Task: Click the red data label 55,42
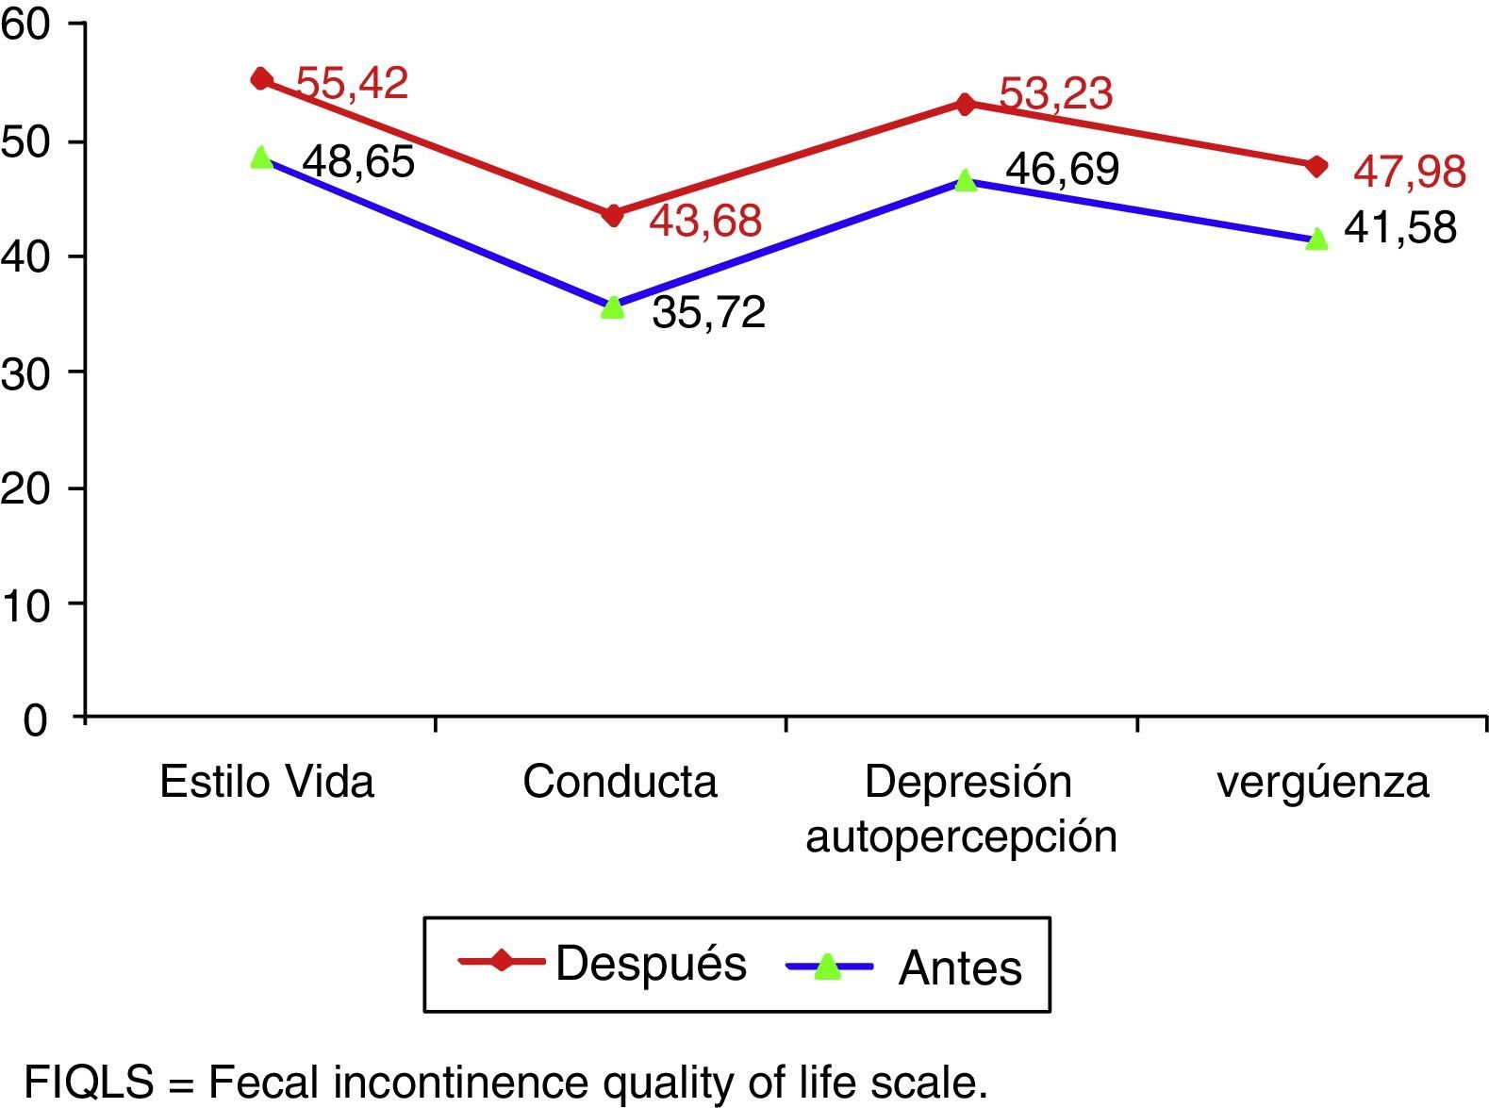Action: coord(352,83)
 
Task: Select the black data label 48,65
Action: coord(358,161)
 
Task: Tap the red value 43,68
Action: coord(705,221)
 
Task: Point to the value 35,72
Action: coord(709,312)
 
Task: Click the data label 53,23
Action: coord(1056,93)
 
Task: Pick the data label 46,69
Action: coord(1063,169)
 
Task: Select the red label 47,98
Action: coord(1410,172)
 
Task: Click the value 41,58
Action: coord(1400,228)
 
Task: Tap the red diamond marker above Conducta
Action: coord(613,215)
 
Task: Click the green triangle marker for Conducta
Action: coord(613,306)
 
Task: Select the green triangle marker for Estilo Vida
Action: coord(261,157)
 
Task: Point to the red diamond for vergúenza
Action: coord(1317,166)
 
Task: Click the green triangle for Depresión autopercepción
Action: coord(965,179)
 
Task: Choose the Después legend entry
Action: coord(604,963)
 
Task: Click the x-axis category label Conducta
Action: coord(620,782)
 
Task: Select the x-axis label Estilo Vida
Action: coord(267,782)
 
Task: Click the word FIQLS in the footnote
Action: coord(88,1082)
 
